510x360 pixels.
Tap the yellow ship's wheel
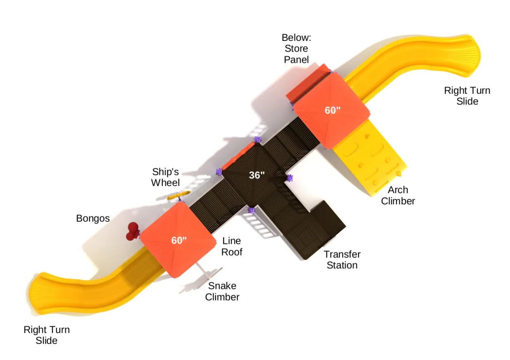pos(178,195)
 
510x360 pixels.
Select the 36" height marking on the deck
pos(256,175)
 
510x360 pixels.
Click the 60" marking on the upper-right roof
pos(332,110)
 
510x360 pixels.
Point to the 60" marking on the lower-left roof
pos(179,240)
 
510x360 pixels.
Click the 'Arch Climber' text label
pos(398,195)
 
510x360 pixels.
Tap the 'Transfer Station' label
pos(342,260)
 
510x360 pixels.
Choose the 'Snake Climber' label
pos(222,291)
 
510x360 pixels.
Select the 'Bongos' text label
pos(93,218)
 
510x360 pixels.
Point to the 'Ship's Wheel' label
pos(165,177)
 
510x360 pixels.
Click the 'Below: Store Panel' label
pos(296,48)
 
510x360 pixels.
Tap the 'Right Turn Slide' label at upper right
pos(467,96)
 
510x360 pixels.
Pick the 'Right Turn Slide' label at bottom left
pos(47,335)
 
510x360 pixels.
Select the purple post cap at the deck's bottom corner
pos(251,210)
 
